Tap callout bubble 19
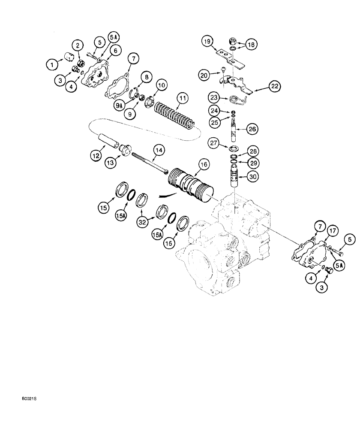[x=208, y=42]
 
